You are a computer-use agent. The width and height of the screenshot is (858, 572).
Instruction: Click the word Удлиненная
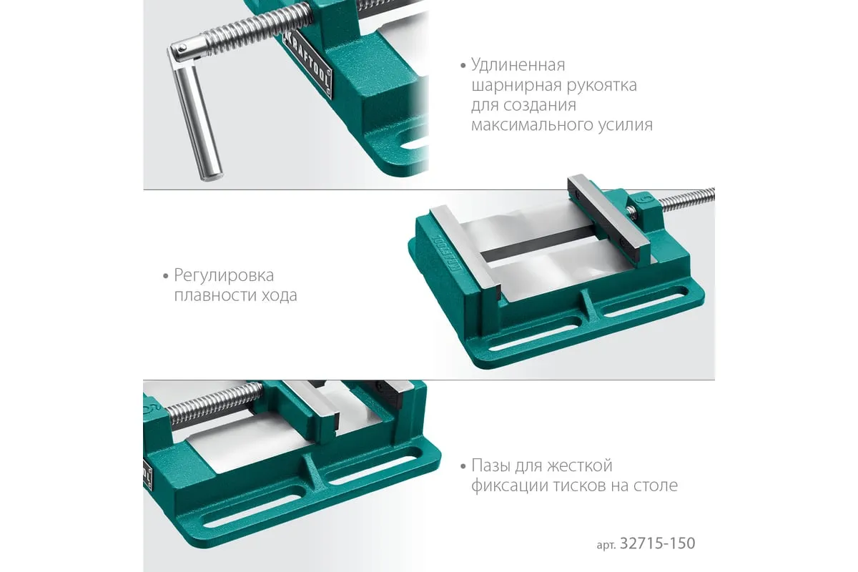point(518,66)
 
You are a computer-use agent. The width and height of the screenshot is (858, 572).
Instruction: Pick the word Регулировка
point(224,275)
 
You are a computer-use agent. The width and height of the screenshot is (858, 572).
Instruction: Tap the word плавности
point(215,295)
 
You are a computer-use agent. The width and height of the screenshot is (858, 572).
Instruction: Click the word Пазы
point(490,466)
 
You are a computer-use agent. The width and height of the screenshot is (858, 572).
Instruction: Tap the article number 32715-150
point(657,543)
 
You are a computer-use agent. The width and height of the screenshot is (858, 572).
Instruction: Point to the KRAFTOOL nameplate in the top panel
point(307,66)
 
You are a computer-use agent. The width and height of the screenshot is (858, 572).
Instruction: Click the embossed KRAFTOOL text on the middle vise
point(446,254)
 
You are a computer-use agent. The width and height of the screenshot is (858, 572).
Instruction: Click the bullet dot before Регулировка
point(165,276)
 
